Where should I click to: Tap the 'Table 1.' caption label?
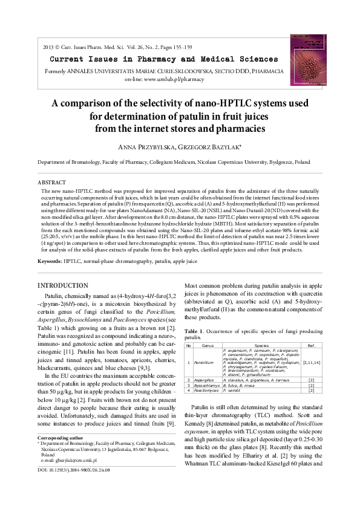click(194, 331)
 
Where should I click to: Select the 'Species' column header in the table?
click(261, 345)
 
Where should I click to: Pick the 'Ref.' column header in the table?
click(311, 345)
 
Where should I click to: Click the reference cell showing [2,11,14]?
click(311, 363)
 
